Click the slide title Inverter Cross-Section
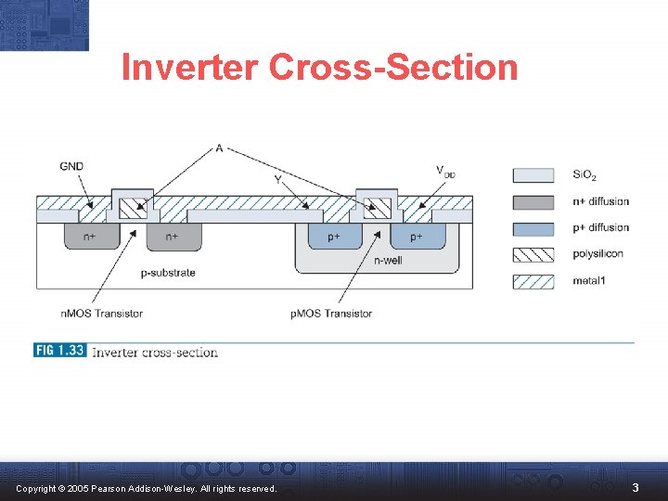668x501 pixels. tap(319, 68)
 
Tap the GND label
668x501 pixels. tap(71, 167)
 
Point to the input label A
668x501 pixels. tap(219, 148)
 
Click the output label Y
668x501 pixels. tap(278, 179)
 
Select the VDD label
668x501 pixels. tap(445, 171)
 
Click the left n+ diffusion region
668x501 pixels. tap(89, 237)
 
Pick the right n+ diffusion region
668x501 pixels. tap(173, 237)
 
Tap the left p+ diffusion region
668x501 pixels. tap(333, 237)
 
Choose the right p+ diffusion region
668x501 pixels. tap(417, 237)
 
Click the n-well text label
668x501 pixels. tap(388, 261)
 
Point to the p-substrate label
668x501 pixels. tap(168, 273)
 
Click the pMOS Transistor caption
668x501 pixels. tap(331, 314)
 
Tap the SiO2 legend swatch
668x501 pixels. tap(533, 175)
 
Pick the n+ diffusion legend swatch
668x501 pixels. tap(533, 201)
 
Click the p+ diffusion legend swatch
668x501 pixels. tap(533, 228)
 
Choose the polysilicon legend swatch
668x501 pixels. tap(533, 254)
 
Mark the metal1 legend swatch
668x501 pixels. tap(533, 280)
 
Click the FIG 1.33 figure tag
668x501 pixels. tap(59, 351)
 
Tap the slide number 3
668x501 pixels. tap(636, 487)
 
